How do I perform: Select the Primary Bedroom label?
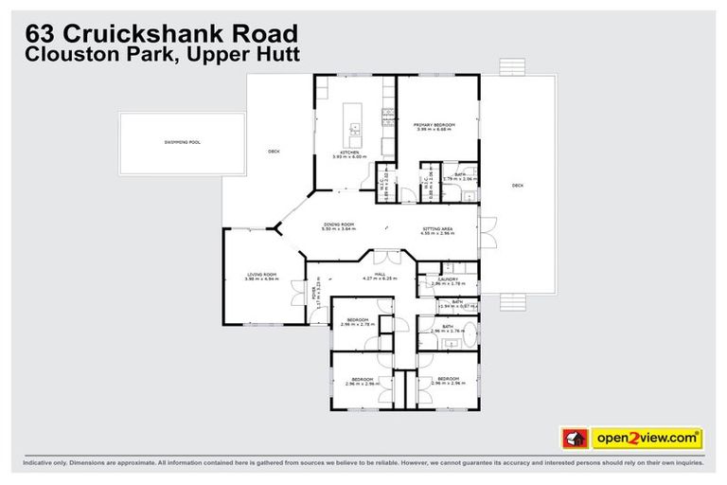[434, 125]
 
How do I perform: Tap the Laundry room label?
[448, 278]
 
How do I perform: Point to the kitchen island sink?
[354, 124]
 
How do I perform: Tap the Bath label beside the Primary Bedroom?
[458, 174]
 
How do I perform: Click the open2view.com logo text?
[647, 438]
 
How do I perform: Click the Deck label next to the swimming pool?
[274, 151]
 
